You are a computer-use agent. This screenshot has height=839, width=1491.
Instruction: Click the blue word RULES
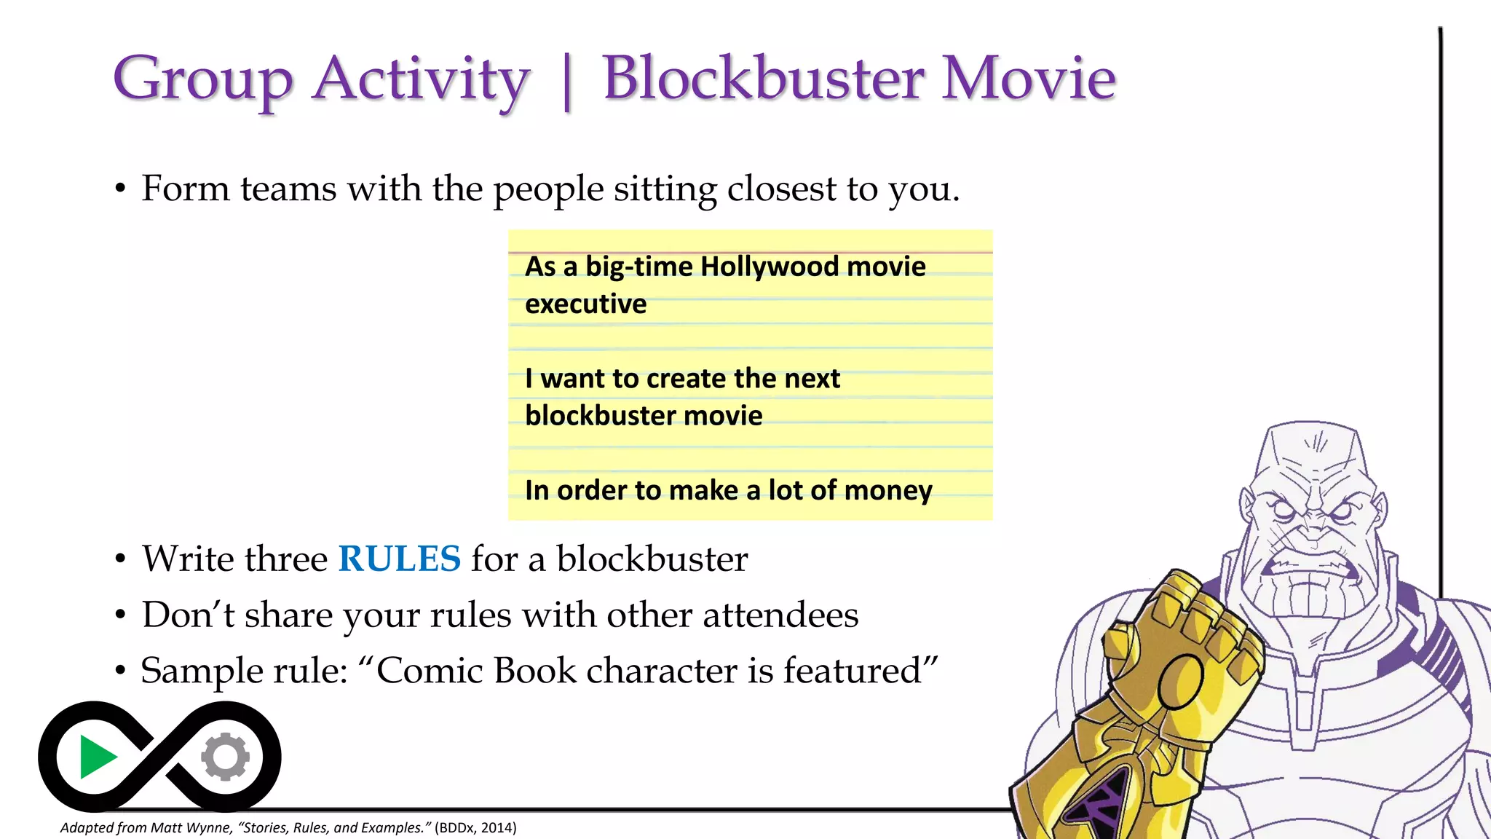(400, 559)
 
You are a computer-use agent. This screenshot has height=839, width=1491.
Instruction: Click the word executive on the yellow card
(585, 304)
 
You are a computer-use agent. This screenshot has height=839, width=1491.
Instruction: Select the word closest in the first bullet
(781, 189)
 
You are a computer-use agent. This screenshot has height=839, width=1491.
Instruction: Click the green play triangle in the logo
(98, 757)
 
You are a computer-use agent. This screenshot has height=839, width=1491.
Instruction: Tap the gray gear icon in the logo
(226, 757)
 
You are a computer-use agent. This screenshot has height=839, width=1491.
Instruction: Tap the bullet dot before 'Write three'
(120, 560)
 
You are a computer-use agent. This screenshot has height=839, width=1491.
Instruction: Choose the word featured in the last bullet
(852, 671)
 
